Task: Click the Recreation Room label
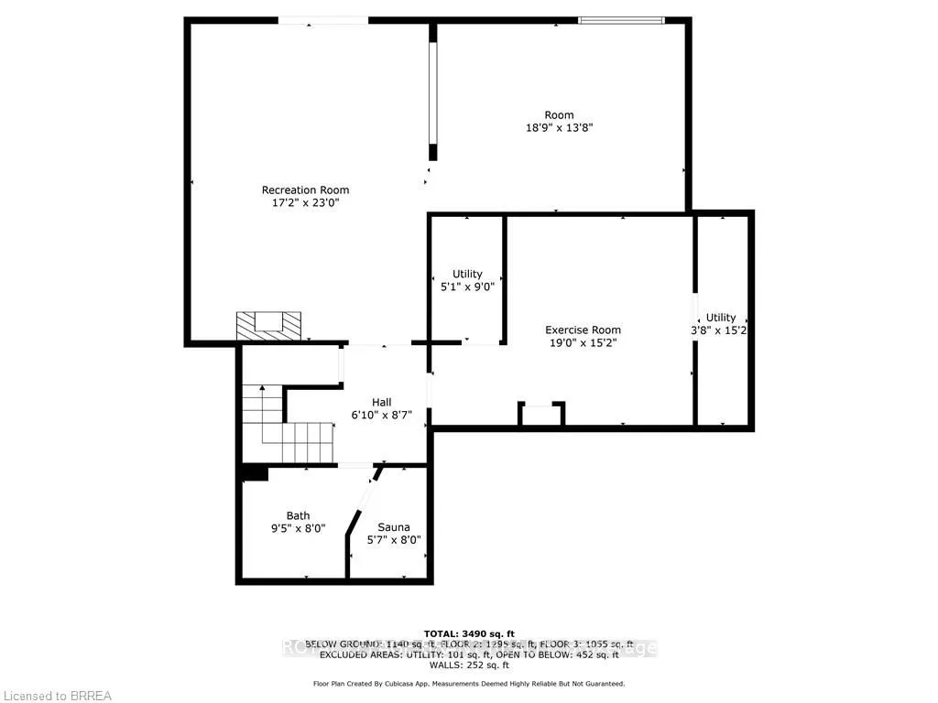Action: pyautogui.click(x=306, y=190)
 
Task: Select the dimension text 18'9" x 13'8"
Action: pyautogui.click(x=559, y=128)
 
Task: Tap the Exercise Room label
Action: pyautogui.click(x=583, y=330)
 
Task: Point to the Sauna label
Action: pyautogui.click(x=394, y=527)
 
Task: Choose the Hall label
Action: pyautogui.click(x=381, y=402)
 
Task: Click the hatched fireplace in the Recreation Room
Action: pyautogui.click(x=268, y=325)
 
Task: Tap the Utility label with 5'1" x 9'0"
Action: pyautogui.click(x=467, y=275)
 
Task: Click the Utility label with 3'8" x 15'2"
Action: pyautogui.click(x=721, y=318)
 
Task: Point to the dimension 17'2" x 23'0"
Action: pyautogui.click(x=306, y=204)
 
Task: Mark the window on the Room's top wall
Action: pyautogui.click(x=622, y=19)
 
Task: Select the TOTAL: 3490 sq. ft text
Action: pyautogui.click(x=469, y=633)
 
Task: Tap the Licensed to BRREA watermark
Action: pyautogui.click(x=57, y=696)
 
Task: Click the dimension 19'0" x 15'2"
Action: pyautogui.click(x=583, y=343)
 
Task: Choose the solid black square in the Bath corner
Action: pyautogui.click(x=255, y=472)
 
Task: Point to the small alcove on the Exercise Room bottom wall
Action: pyautogui.click(x=541, y=414)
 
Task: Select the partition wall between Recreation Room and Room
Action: pyautogui.click(x=433, y=92)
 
